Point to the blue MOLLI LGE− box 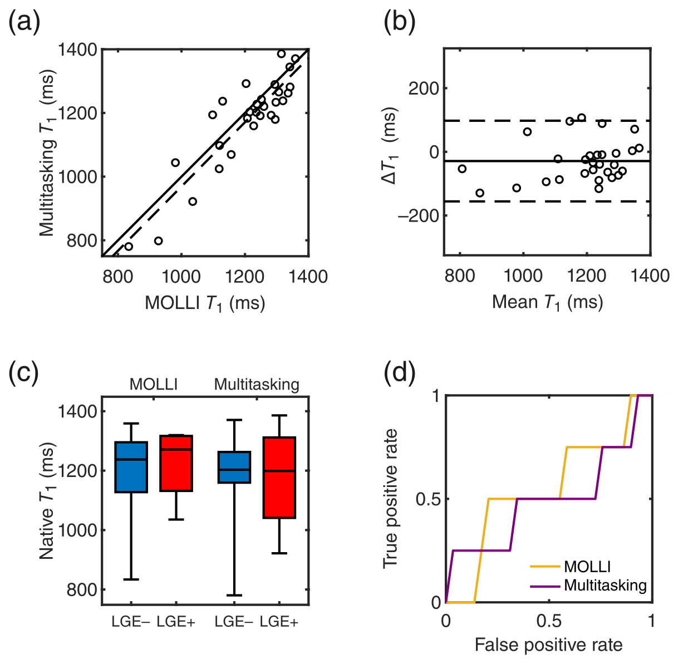tap(131, 467)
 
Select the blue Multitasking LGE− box tap(234, 467)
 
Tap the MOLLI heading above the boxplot tap(154, 385)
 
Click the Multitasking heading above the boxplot tap(257, 385)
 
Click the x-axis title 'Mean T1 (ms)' tap(547, 302)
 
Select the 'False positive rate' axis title tap(548, 645)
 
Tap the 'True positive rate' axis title tap(391, 499)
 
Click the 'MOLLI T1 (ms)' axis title tap(205, 303)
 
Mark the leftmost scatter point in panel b tap(461, 169)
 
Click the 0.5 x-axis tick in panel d tap(548, 620)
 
